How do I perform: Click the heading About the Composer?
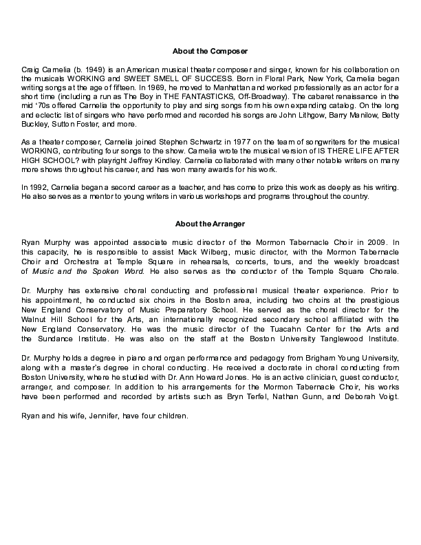point(210,52)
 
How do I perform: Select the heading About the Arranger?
point(210,224)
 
